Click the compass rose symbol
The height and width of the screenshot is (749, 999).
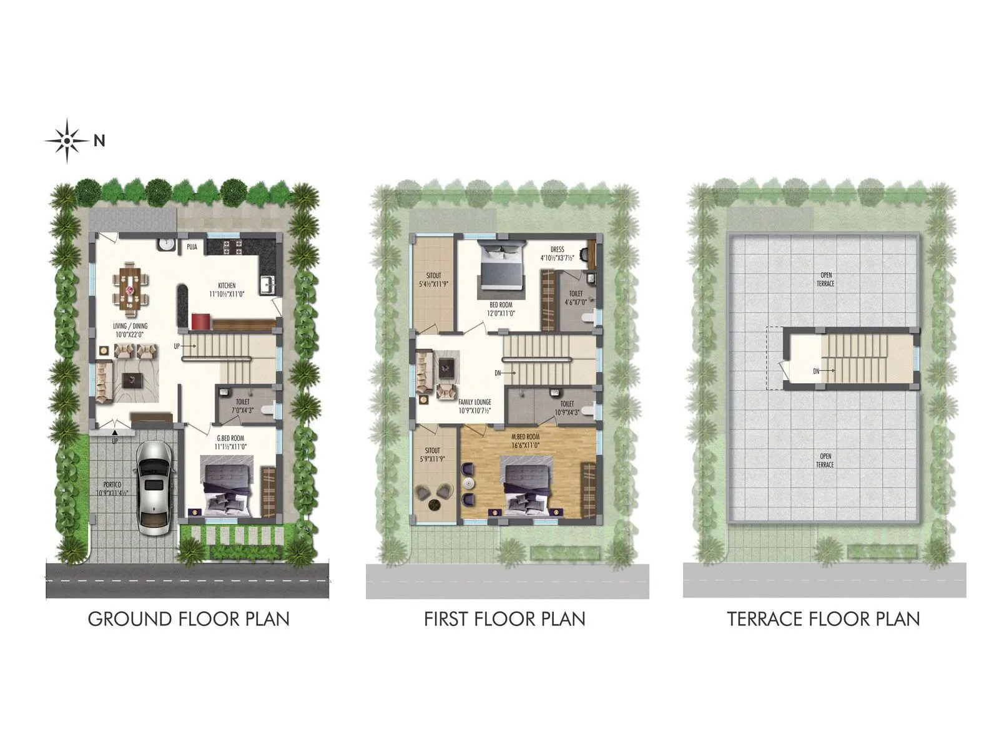click(x=67, y=141)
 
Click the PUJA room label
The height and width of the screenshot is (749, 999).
click(x=192, y=247)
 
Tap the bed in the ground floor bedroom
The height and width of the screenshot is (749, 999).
click(x=226, y=487)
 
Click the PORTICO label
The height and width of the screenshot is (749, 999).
click(x=112, y=484)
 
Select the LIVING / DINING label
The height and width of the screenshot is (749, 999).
click(x=130, y=326)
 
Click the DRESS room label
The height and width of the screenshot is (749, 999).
click(x=557, y=250)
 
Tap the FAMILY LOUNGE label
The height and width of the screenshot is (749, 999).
click(x=475, y=403)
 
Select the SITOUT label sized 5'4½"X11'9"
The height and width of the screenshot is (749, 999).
click(x=433, y=275)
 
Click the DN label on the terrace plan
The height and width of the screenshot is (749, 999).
click(x=816, y=371)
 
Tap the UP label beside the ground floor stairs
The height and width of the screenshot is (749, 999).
click(x=177, y=346)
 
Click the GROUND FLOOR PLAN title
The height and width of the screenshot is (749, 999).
click(x=189, y=619)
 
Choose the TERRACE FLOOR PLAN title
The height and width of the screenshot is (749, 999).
click(x=823, y=619)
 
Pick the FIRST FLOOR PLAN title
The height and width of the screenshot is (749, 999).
click(x=504, y=619)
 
